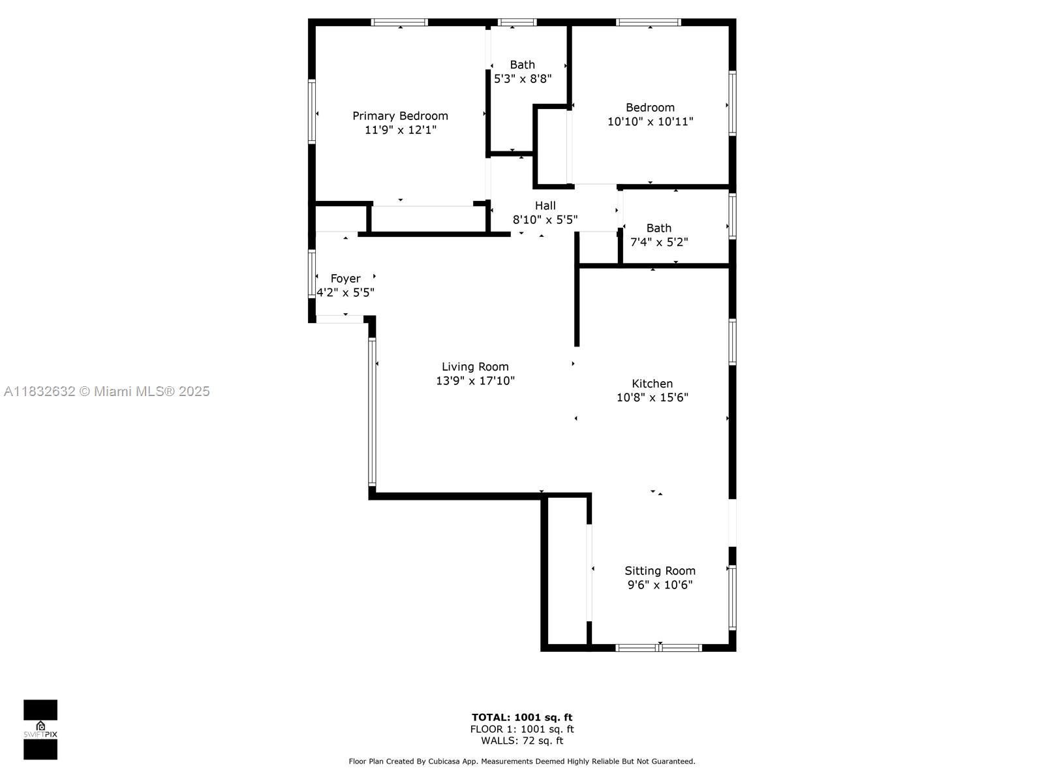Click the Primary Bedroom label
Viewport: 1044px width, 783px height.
[400, 116]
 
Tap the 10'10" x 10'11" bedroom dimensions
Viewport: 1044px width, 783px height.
[650, 122]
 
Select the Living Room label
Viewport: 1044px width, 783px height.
[475, 367]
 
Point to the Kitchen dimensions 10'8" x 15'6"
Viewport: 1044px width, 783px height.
[652, 397]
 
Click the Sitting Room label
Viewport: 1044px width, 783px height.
[660, 570]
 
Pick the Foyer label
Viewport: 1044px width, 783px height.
[345, 279]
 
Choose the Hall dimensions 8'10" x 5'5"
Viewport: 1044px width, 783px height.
[545, 220]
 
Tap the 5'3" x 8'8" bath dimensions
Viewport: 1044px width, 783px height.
[523, 79]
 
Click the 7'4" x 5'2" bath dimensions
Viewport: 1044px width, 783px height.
[659, 242]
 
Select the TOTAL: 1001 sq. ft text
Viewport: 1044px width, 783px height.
[522, 717]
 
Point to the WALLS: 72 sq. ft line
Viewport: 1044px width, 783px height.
[522, 740]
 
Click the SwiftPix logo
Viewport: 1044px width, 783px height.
[40, 729]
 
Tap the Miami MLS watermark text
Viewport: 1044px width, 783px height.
[107, 391]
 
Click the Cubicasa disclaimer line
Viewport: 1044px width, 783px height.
[522, 761]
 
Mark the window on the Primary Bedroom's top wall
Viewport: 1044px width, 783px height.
[399, 22]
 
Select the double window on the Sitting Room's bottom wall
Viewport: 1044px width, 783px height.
[658, 647]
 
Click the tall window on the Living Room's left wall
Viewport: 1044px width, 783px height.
[372, 411]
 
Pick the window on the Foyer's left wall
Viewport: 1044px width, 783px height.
[311, 274]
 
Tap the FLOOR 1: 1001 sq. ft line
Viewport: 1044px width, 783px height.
[522, 729]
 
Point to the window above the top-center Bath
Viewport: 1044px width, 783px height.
[517, 22]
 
